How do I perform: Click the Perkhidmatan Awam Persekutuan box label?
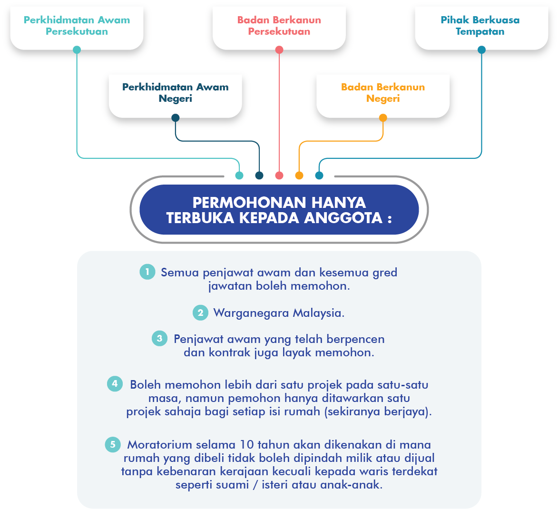click(77, 26)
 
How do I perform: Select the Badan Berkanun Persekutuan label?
click(279, 26)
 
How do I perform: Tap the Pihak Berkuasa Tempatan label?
click(480, 26)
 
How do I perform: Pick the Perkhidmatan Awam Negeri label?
click(176, 93)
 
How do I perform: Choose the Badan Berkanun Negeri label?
click(383, 93)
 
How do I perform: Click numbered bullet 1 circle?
click(147, 272)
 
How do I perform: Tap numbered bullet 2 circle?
click(200, 313)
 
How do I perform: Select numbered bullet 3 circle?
click(159, 339)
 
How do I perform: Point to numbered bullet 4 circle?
click(115, 383)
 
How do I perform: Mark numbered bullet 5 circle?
click(113, 444)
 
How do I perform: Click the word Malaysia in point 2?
click(318, 313)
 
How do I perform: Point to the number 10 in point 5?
click(247, 445)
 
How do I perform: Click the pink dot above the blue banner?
click(279, 176)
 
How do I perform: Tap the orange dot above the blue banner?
click(299, 176)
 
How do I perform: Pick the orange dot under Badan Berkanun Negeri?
click(383, 118)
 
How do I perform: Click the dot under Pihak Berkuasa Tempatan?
click(481, 50)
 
